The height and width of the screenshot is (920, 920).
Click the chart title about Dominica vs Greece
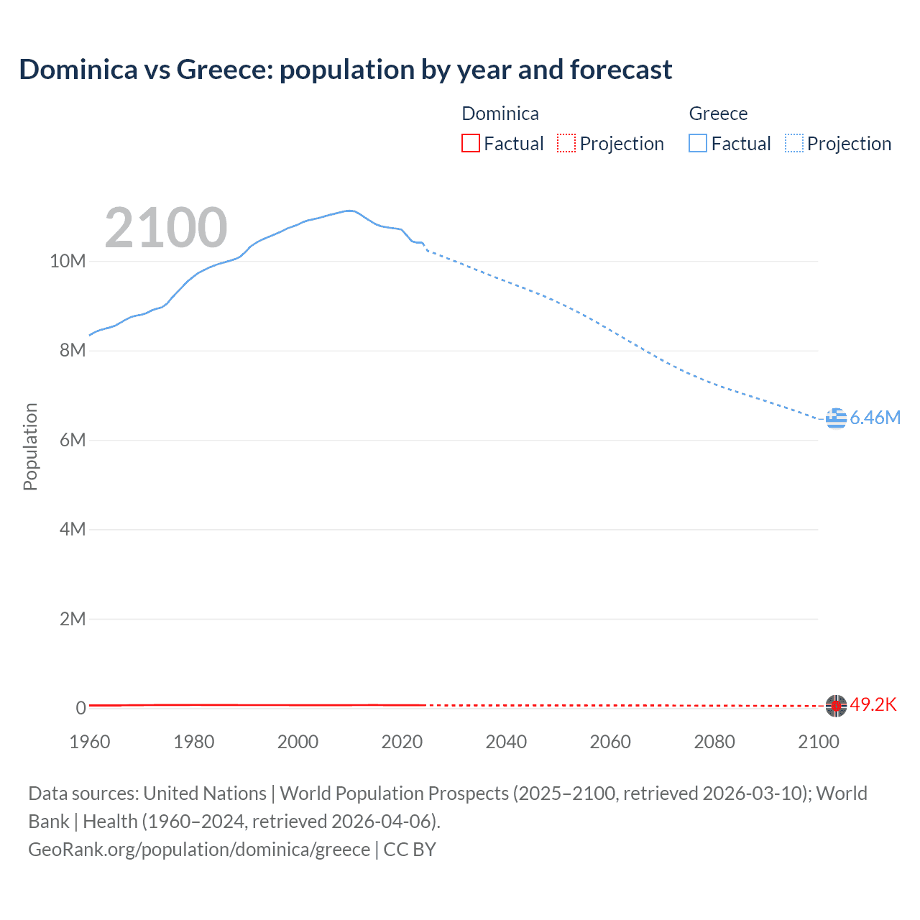tap(345, 70)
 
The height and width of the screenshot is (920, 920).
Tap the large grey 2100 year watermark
tap(166, 228)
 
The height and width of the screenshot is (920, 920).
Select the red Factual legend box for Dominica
tap(470, 143)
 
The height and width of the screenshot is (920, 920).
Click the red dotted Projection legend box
tap(566, 143)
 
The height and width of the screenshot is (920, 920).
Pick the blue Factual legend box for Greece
tap(698, 143)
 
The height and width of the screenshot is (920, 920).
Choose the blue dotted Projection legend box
tap(793, 143)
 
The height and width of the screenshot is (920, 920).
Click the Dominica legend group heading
tap(500, 114)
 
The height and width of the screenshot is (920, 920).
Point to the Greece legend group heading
tap(718, 114)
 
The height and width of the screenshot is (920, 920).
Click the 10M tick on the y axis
tap(68, 261)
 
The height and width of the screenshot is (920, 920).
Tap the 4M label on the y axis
tap(73, 529)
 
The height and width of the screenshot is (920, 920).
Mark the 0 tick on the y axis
tap(80, 708)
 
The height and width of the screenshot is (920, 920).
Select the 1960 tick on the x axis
tap(90, 742)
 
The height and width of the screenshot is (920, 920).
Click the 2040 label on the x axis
tap(506, 742)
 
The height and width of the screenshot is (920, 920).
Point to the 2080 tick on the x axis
tap(714, 742)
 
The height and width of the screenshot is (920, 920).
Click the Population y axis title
tap(30, 446)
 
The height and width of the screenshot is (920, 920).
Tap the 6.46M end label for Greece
tap(875, 418)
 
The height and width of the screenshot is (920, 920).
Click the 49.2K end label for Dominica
tap(873, 704)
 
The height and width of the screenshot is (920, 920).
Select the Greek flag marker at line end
tap(836, 418)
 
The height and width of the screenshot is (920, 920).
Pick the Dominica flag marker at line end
tap(836, 706)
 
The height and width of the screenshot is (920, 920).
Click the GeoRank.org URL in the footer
tap(199, 850)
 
